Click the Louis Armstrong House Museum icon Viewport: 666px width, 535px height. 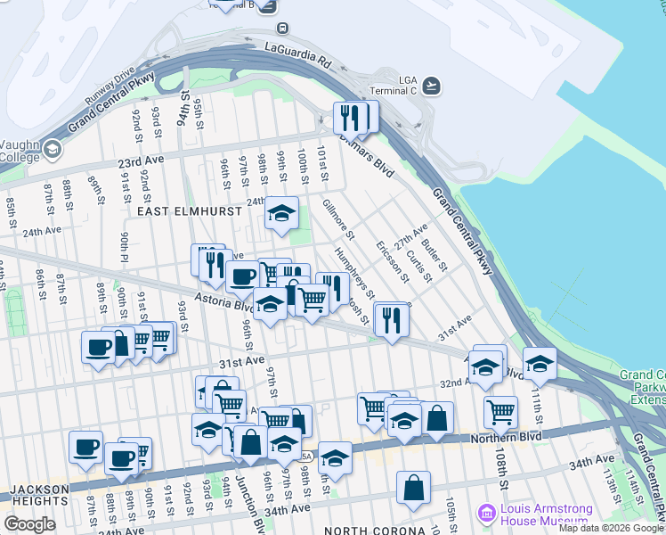[486, 513]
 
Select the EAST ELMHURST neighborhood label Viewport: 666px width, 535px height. [177, 212]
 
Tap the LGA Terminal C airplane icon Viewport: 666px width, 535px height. [432, 85]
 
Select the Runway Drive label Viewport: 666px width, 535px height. [111, 82]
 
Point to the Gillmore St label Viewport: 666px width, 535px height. [338, 219]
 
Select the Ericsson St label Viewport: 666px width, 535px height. [392, 260]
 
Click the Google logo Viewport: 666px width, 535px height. [29, 524]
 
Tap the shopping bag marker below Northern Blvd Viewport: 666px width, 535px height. [414, 487]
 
